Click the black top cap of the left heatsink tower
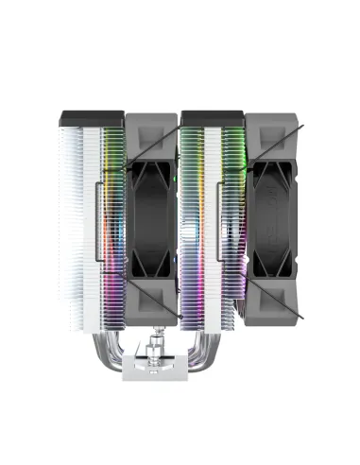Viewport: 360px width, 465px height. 91,118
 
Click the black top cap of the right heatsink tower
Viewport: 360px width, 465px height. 213,118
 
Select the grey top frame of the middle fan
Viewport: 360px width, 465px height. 152,127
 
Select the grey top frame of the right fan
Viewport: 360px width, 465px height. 273,127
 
